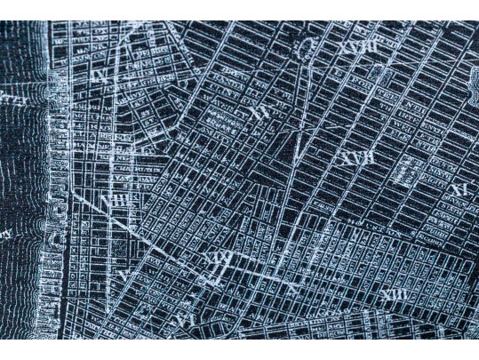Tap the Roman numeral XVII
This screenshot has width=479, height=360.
[358, 159]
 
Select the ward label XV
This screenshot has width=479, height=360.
[259, 112]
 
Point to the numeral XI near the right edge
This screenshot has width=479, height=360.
[459, 189]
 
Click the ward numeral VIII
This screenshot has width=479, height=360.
[116, 201]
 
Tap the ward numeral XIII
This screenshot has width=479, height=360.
[392, 294]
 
